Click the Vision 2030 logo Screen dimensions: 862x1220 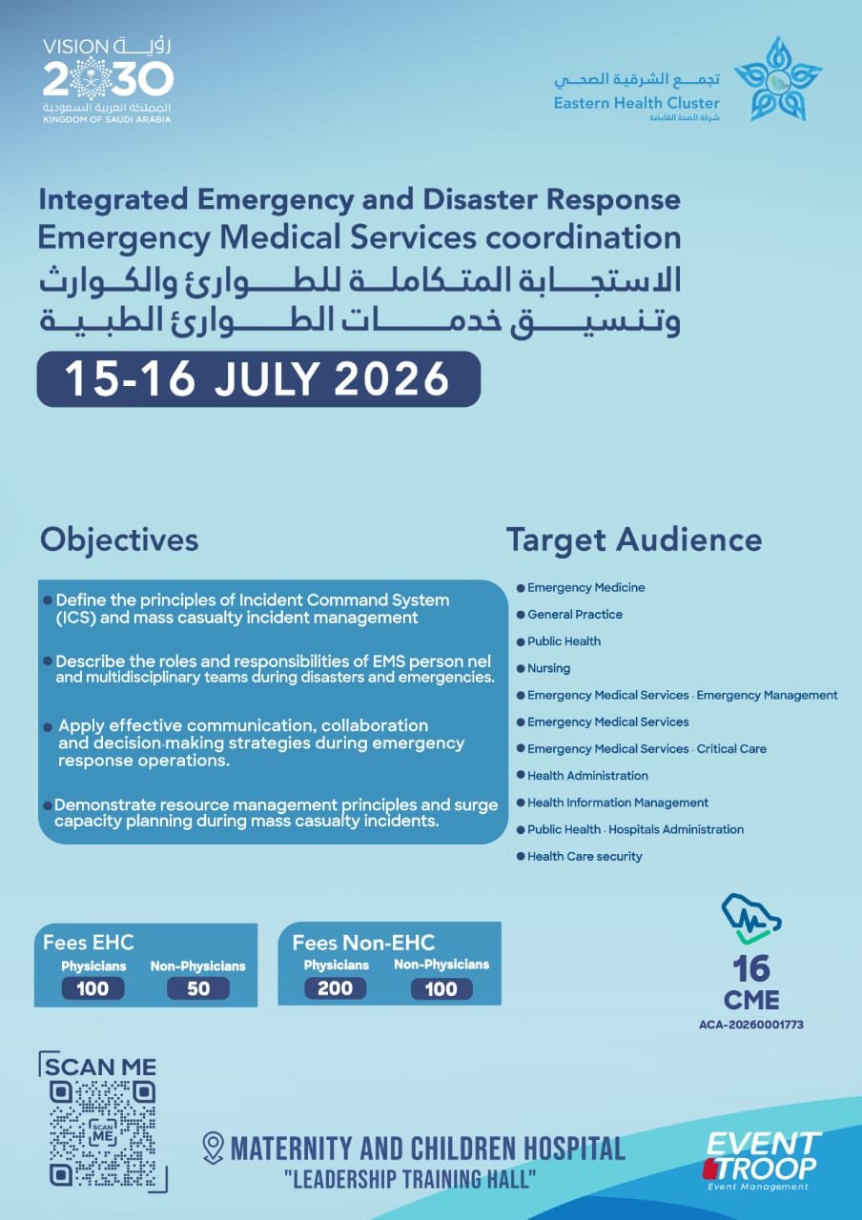coord(108,81)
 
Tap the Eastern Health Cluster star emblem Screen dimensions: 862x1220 coord(778,79)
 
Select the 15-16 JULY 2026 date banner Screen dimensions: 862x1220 coord(258,379)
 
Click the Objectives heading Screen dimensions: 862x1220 coord(119,539)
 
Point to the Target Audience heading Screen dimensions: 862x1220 coord(634,539)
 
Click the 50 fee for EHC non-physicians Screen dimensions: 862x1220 coord(198,988)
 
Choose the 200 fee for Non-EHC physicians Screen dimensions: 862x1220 coord(335,988)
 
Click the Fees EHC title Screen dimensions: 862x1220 coord(89,943)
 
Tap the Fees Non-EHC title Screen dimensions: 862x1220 coord(363,943)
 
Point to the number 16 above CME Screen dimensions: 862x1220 coord(751,968)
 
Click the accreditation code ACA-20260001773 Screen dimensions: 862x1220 coord(751,1025)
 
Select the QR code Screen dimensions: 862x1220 coord(103,1134)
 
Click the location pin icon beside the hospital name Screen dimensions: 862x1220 coord(213,1149)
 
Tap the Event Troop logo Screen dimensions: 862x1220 coord(762,1160)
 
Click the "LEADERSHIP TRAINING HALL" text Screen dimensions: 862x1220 coord(410,1180)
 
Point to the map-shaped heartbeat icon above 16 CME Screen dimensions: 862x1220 coord(751,919)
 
